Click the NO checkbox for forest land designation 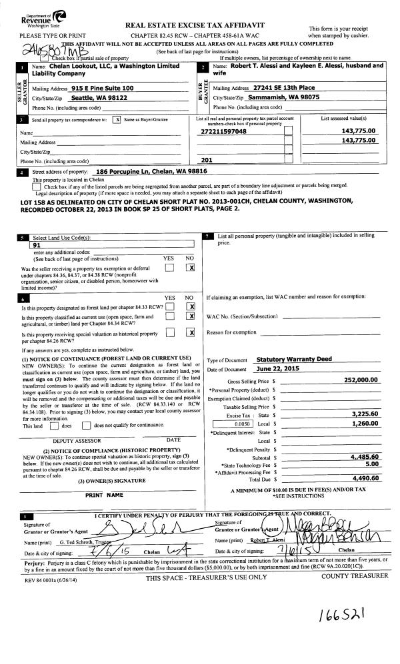191,306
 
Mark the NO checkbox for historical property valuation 191,332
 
